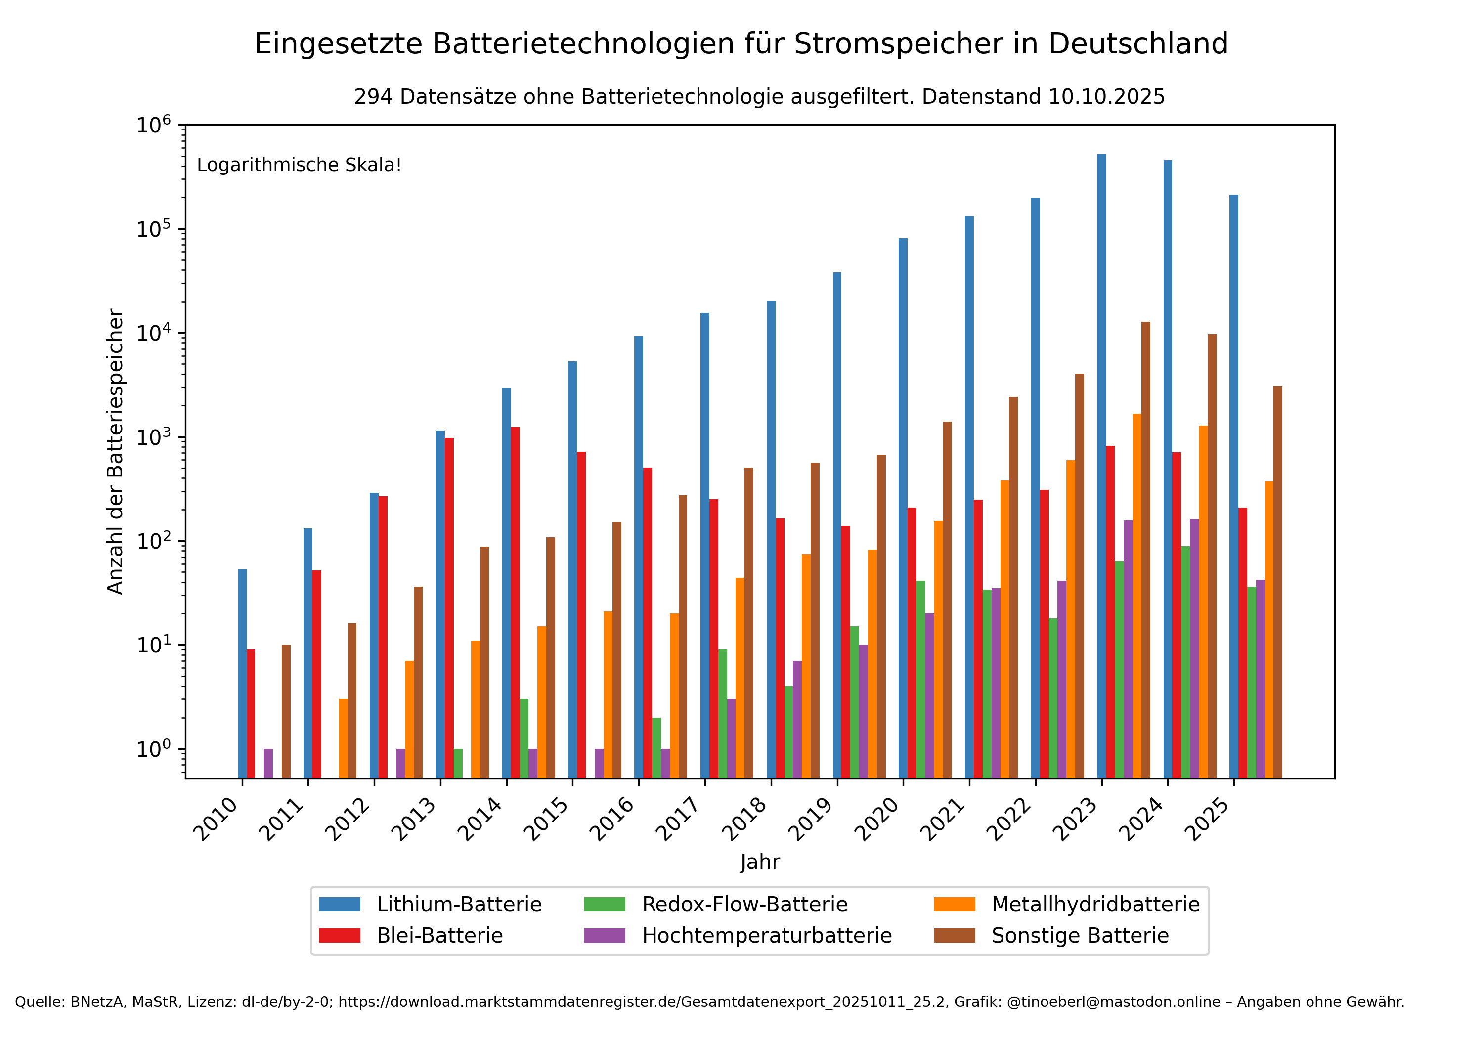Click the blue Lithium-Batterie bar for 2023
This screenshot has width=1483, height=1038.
[1101, 465]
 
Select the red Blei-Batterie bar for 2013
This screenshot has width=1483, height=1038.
[449, 607]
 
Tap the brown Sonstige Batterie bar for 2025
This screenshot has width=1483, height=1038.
[1277, 581]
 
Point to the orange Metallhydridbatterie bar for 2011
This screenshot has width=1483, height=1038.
[344, 738]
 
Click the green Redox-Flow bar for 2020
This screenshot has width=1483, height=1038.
[920, 679]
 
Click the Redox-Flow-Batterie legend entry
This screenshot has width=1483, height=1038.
[744, 904]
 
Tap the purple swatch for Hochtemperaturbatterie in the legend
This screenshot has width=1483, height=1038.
[605, 935]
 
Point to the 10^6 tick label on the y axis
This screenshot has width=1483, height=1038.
[154, 125]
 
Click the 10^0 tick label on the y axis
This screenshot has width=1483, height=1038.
[154, 749]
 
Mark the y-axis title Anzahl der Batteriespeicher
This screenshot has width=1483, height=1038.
[115, 451]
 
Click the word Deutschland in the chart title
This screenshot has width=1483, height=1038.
[1137, 44]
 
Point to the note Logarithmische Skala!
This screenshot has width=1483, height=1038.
[299, 165]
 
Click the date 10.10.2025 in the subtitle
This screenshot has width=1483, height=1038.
[1106, 97]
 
